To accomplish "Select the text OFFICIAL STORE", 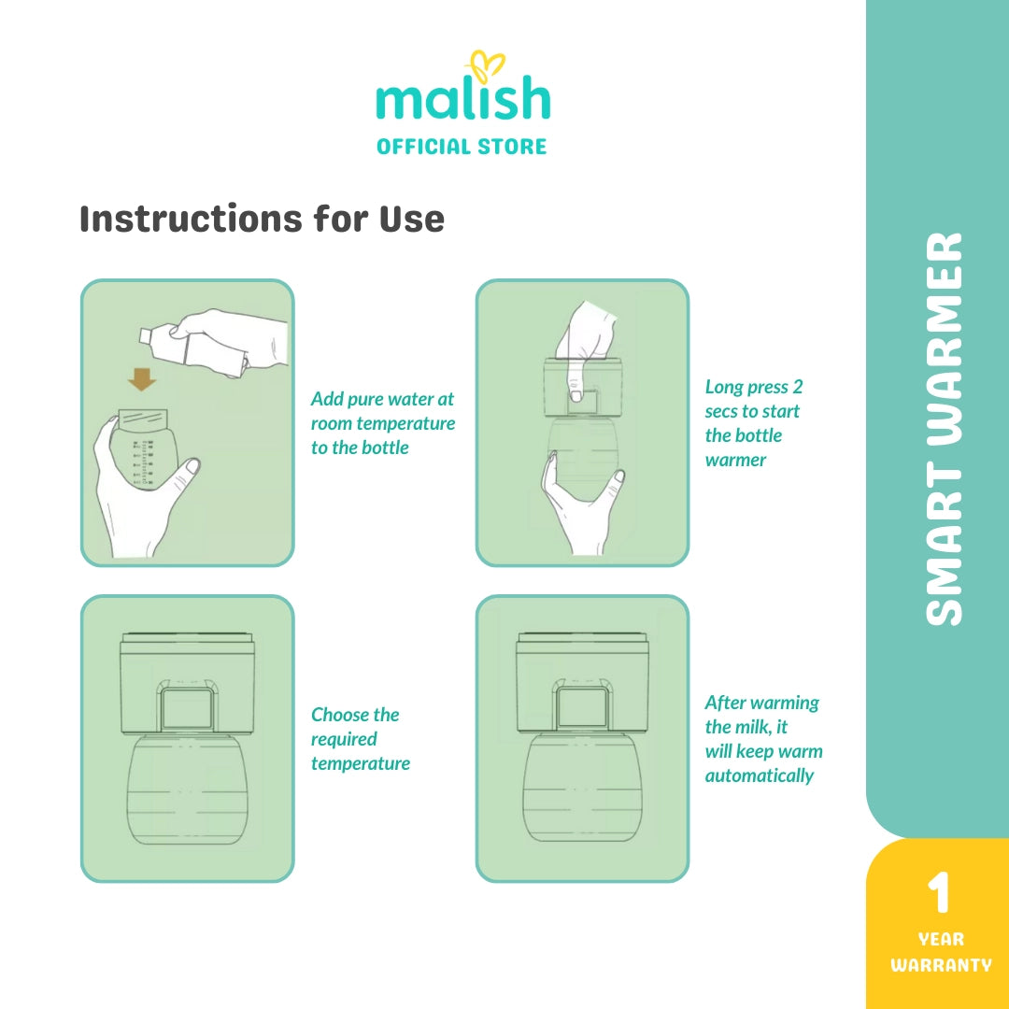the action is pyautogui.click(x=462, y=147).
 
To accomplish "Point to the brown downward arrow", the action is pyautogui.click(x=142, y=379).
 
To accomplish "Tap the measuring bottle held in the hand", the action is pyautogui.click(x=143, y=450).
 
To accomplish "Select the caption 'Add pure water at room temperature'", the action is pyautogui.click(x=383, y=411).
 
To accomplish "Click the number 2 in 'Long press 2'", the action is pyautogui.click(x=797, y=387).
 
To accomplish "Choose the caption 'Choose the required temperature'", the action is pyautogui.click(x=361, y=739).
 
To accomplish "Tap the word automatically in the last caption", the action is pyautogui.click(x=760, y=775).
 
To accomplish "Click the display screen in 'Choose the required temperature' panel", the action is pyautogui.click(x=187, y=708).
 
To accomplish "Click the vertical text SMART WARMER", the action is pyautogui.click(x=944, y=429).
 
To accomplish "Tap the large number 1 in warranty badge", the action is pyautogui.click(x=938, y=893).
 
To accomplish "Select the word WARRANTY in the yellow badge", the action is pyautogui.click(x=941, y=965).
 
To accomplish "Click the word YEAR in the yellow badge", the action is pyautogui.click(x=941, y=940).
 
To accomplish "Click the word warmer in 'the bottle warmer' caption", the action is pyautogui.click(x=735, y=460).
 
